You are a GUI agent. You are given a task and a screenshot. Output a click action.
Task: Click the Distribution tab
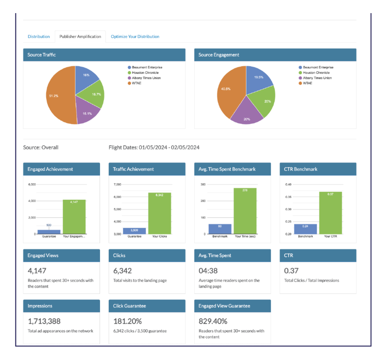[x=39, y=37]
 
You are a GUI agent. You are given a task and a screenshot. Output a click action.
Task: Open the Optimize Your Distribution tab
[x=135, y=37]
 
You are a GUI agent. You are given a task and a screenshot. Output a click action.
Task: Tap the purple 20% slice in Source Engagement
[x=247, y=114]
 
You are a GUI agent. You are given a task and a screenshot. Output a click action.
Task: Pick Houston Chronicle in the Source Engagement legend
[x=314, y=73]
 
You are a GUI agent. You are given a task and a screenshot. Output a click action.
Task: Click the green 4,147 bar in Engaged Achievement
[x=74, y=217]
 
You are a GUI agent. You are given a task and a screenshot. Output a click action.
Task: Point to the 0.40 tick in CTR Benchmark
[x=288, y=184]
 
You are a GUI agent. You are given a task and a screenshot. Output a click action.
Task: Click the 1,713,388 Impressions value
[x=44, y=321]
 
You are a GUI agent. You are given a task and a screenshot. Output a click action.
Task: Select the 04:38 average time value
[x=208, y=271]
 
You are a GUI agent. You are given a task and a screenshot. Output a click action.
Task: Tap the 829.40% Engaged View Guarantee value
[x=213, y=321]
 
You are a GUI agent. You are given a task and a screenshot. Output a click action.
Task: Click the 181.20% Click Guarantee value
[x=128, y=321]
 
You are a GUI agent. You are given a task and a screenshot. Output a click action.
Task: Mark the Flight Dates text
[x=154, y=147]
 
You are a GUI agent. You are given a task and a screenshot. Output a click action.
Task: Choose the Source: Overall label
[x=41, y=147]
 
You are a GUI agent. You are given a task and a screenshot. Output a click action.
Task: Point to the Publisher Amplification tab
[x=80, y=37]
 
